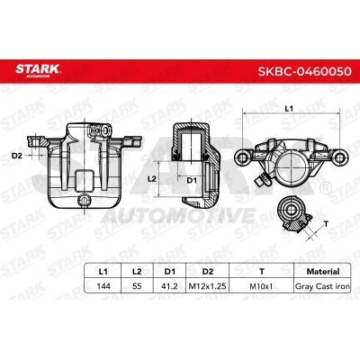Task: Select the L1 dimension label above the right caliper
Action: pyautogui.click(x=288, y=109)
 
